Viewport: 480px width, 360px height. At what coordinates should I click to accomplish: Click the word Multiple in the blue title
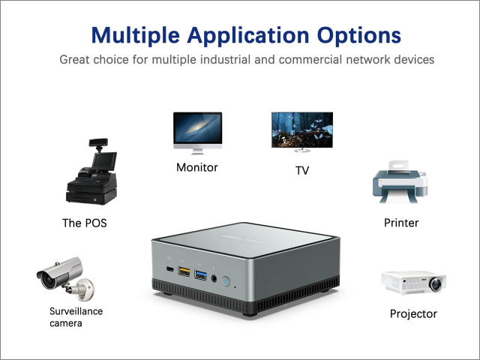click(135, 36)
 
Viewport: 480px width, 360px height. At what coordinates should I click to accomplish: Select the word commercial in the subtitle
click(310, 59)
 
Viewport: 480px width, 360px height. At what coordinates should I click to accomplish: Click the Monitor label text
click(196, 167)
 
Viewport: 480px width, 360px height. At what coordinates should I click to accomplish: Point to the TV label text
click(302, 170)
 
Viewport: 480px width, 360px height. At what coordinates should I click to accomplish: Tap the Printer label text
click(401, 223)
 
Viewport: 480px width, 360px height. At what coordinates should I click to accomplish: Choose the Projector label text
click(413, 314)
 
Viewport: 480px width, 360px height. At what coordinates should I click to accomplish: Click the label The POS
click(85, 223)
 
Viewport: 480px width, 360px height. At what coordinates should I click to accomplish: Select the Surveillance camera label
click(76, 317)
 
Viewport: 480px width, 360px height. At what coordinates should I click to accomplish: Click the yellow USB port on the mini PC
click(184, 271)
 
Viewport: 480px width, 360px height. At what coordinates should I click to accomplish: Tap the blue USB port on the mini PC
click(200, 275)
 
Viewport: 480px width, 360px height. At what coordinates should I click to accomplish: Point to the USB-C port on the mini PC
click(169, 269)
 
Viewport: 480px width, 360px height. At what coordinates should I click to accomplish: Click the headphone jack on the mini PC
click(214, 278)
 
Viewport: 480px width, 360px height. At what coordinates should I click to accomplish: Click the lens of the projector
click(435, 284)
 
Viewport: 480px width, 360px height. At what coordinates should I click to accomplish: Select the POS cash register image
click(91, 172)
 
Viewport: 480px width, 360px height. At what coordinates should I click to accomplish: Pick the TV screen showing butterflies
click(302, 130)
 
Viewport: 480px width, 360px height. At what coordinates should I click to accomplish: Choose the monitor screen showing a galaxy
click(197, 128)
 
